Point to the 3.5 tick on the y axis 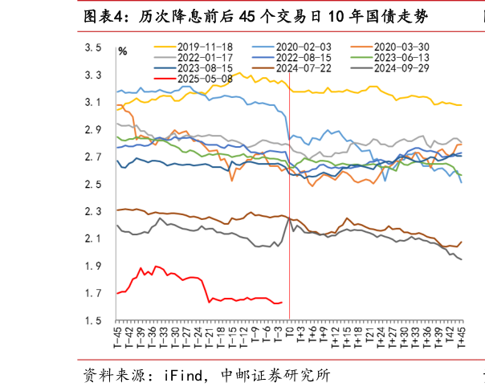[x=93, y=48]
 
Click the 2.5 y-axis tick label [x=93, y=185]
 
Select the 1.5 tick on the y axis [x=93, y=321]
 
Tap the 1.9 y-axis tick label [x=93, y=267]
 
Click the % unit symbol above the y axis [x=123, y=52]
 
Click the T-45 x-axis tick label [x=118, y=338]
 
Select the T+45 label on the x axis [x=461, y=338]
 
